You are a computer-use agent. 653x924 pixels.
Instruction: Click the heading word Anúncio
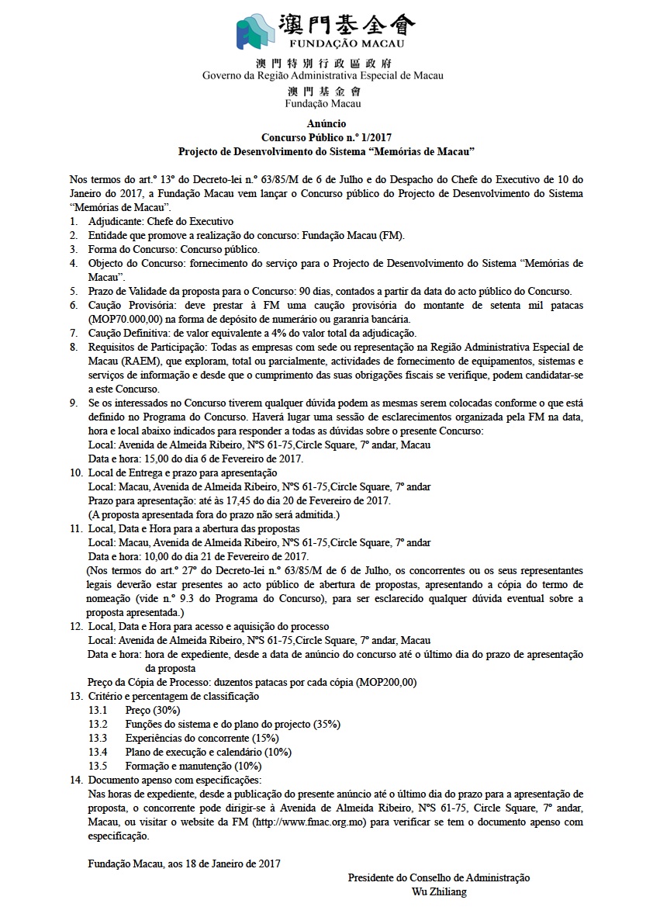[x=326, y=124]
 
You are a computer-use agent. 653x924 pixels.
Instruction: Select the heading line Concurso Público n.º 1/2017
[x=326, y=137]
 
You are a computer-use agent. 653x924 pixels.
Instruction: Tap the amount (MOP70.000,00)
[x=124, y=320]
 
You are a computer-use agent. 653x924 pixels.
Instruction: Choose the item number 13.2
[x=97, y=724]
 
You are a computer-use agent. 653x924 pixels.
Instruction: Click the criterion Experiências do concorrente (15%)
[x=202, y=738]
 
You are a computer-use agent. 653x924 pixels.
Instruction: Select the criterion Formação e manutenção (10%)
[x=194, y=766]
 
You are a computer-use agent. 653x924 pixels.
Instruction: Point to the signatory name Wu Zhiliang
[x=439, y=891]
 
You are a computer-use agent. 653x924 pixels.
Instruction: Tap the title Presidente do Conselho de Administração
[x=439, y=877]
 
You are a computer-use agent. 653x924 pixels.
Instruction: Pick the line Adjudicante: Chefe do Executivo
[x=161, y=221]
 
